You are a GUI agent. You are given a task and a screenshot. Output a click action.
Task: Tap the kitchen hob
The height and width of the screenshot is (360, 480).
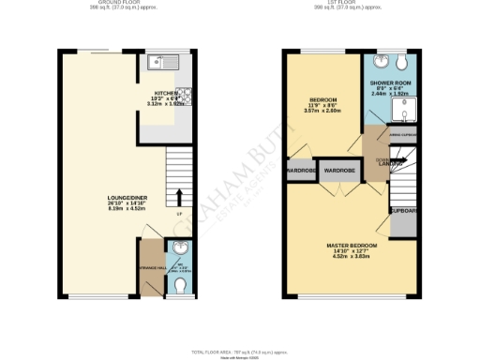click(186, 97)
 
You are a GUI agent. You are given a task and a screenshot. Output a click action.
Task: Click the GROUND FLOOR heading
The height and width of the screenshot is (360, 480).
click(123, 5)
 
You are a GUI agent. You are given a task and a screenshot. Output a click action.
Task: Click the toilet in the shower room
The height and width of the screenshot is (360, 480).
click(401, 62)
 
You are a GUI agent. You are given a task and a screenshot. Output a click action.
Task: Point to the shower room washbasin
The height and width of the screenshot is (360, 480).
click(380, 63)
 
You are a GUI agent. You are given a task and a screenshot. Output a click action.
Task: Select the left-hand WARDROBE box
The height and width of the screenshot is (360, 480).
click(300, 172)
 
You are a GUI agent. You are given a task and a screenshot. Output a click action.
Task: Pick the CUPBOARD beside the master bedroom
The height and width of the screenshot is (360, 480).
click(404, 210)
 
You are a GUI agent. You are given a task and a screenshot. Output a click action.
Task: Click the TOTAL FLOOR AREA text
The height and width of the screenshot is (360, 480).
click(240, 351)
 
